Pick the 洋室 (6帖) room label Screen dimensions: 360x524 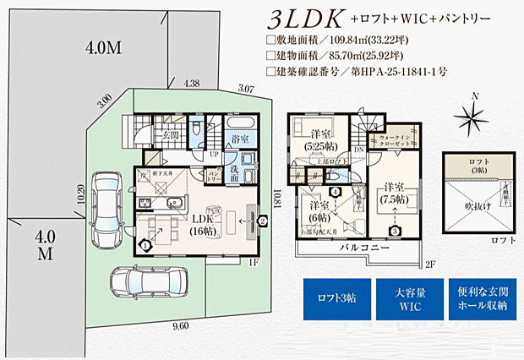pos(319,211)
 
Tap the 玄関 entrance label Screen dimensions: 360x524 pos(165,134)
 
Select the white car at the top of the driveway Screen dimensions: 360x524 pos(106,205)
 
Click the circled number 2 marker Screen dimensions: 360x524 pos(263,222)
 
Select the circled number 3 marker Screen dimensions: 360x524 pos(394,230)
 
